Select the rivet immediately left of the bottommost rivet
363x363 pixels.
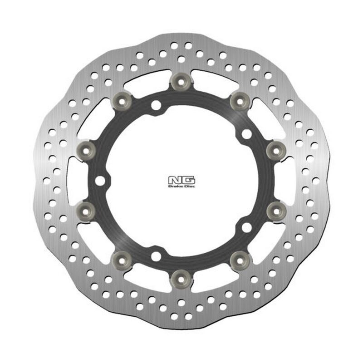122,259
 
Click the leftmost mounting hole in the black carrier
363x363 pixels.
100,181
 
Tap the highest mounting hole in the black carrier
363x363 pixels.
156,106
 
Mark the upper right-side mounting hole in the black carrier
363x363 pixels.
246,134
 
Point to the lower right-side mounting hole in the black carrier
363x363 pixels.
246,226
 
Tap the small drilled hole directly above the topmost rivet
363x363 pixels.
181,59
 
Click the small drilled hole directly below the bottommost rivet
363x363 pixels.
181,302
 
